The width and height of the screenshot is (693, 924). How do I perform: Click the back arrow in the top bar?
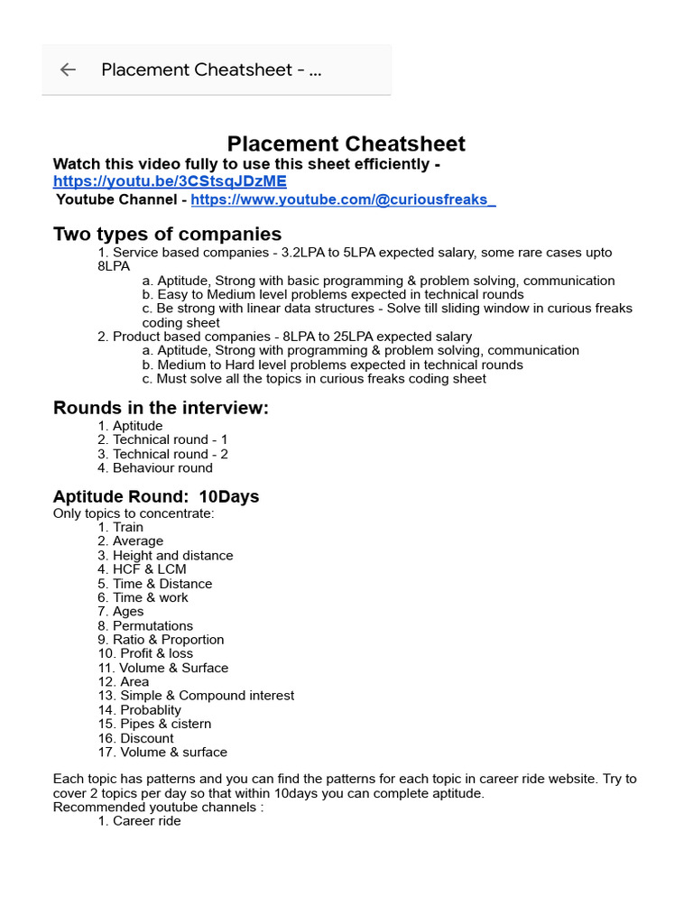pyautogui.click(x=68, y=69)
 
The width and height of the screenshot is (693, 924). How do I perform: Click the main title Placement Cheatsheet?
pyautogui.click(x=346, y=143)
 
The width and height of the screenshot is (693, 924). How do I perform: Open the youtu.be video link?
pyautogui.click(x=170, y=181)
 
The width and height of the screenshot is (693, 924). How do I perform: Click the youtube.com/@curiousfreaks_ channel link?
pyautogui.click(x=343, y=199)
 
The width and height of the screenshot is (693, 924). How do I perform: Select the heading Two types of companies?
pyautogui.click(x=167, y=234)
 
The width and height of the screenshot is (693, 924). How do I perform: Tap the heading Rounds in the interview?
pyautogui.click(x=161, y=408)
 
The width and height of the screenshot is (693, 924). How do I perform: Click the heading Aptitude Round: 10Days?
pyautogui.click(x=155, y=496)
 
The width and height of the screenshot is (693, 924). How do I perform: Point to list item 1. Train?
pyautogui.click(x=121, y=527)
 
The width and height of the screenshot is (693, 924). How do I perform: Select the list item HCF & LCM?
pyautogui.click(x=142, y=569)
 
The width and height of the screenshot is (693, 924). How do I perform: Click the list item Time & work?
pyautogui.click(x=143, y=597)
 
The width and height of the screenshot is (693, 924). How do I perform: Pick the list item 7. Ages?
pyautogui.click(x=121, y=612)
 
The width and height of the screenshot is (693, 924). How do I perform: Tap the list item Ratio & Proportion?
pyautogui.click(x=161, y=640)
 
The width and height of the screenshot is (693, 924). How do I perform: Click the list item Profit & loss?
pyautogui.click(x=145, y=653)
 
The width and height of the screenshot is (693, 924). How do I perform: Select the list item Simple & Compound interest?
pyautogui.click(x=196, y=696)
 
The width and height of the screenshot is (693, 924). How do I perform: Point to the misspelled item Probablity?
pyautogui.click(x=139, y=710)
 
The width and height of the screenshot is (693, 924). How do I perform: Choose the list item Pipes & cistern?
pyautogui.click(x=154, y=724)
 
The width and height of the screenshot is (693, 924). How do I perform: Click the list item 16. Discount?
pyautogui.click(x=135, y=738)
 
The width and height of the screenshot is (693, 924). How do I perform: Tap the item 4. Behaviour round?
pyautogui.click(x=155, y=467)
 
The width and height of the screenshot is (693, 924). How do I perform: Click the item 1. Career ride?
pyautogui.click(x=139, y=821)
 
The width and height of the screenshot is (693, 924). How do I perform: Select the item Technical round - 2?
pyautogui.click(x=162, y=454)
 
